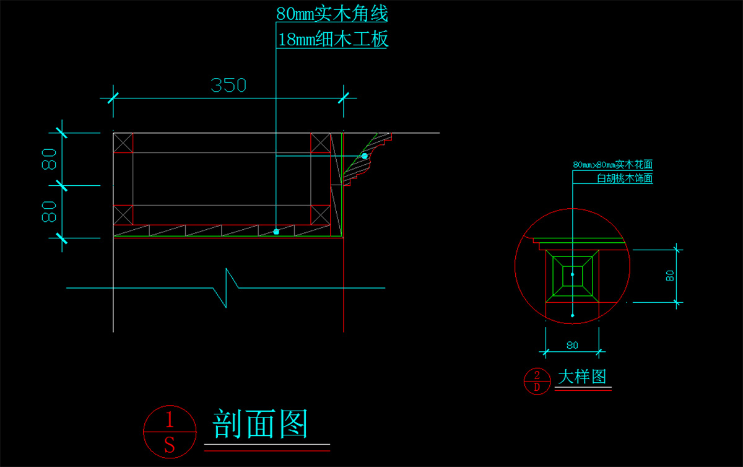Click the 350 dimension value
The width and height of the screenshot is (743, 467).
click(228, 85)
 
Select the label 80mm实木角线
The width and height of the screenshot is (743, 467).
click(332, 13)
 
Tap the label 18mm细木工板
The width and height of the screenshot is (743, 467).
click(332, 40)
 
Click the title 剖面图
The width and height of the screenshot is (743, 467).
click(260, 424)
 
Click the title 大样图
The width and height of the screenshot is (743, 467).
click(582, 377)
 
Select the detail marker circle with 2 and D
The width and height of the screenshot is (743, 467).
click(537, 381)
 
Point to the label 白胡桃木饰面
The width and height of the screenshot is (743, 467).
click(624, 178)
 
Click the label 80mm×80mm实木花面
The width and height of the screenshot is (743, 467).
click(613, 165)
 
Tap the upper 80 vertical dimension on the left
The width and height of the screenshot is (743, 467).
click(49, 159)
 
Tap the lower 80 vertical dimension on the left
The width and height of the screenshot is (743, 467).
click(49, 211)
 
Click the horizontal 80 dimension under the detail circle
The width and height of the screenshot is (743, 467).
click(572, 344)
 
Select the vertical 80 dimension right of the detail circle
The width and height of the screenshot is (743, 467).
click(670, 276)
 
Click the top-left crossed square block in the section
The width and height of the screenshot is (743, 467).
click(123, 142)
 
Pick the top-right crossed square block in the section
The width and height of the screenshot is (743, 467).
click(320, 142)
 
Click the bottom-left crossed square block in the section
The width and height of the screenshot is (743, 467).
click(123, 214)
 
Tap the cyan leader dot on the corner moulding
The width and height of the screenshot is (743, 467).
click(365, 156)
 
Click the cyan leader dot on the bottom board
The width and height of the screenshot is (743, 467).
click(276, 232)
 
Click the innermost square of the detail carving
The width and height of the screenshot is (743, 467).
click(572, 274)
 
